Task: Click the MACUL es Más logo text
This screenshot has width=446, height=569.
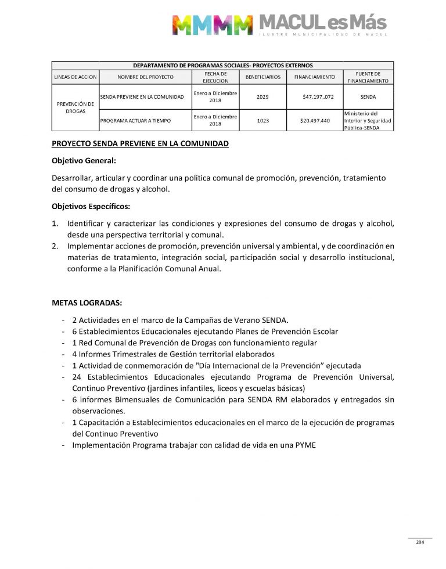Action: (x=322, y=23)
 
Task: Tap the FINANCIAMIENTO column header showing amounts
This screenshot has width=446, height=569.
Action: (x=314, y=77)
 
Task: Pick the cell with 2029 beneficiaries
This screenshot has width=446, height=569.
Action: (x=262, y=96)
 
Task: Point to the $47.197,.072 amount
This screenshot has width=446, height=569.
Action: (x=318, y=96)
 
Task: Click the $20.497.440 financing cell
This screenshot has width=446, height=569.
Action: (x=315, y=121)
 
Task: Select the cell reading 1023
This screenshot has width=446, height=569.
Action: (x=262, y=121)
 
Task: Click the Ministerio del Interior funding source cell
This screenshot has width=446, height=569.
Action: (x=367, y=120)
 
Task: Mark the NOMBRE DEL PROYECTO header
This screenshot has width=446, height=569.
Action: (x=145, y=77)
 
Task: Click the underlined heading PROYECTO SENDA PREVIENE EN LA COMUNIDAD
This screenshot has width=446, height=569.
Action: (x=140, y=143)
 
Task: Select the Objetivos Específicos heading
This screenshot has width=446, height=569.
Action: (x=91, y=206)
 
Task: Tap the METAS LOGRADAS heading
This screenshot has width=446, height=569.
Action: (x=87, y=302)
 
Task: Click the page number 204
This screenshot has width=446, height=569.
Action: (x=420, y=542)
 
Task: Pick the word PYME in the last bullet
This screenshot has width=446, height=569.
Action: (x=305, y=445)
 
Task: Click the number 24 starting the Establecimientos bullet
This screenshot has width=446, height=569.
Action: (x=77, y=377)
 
